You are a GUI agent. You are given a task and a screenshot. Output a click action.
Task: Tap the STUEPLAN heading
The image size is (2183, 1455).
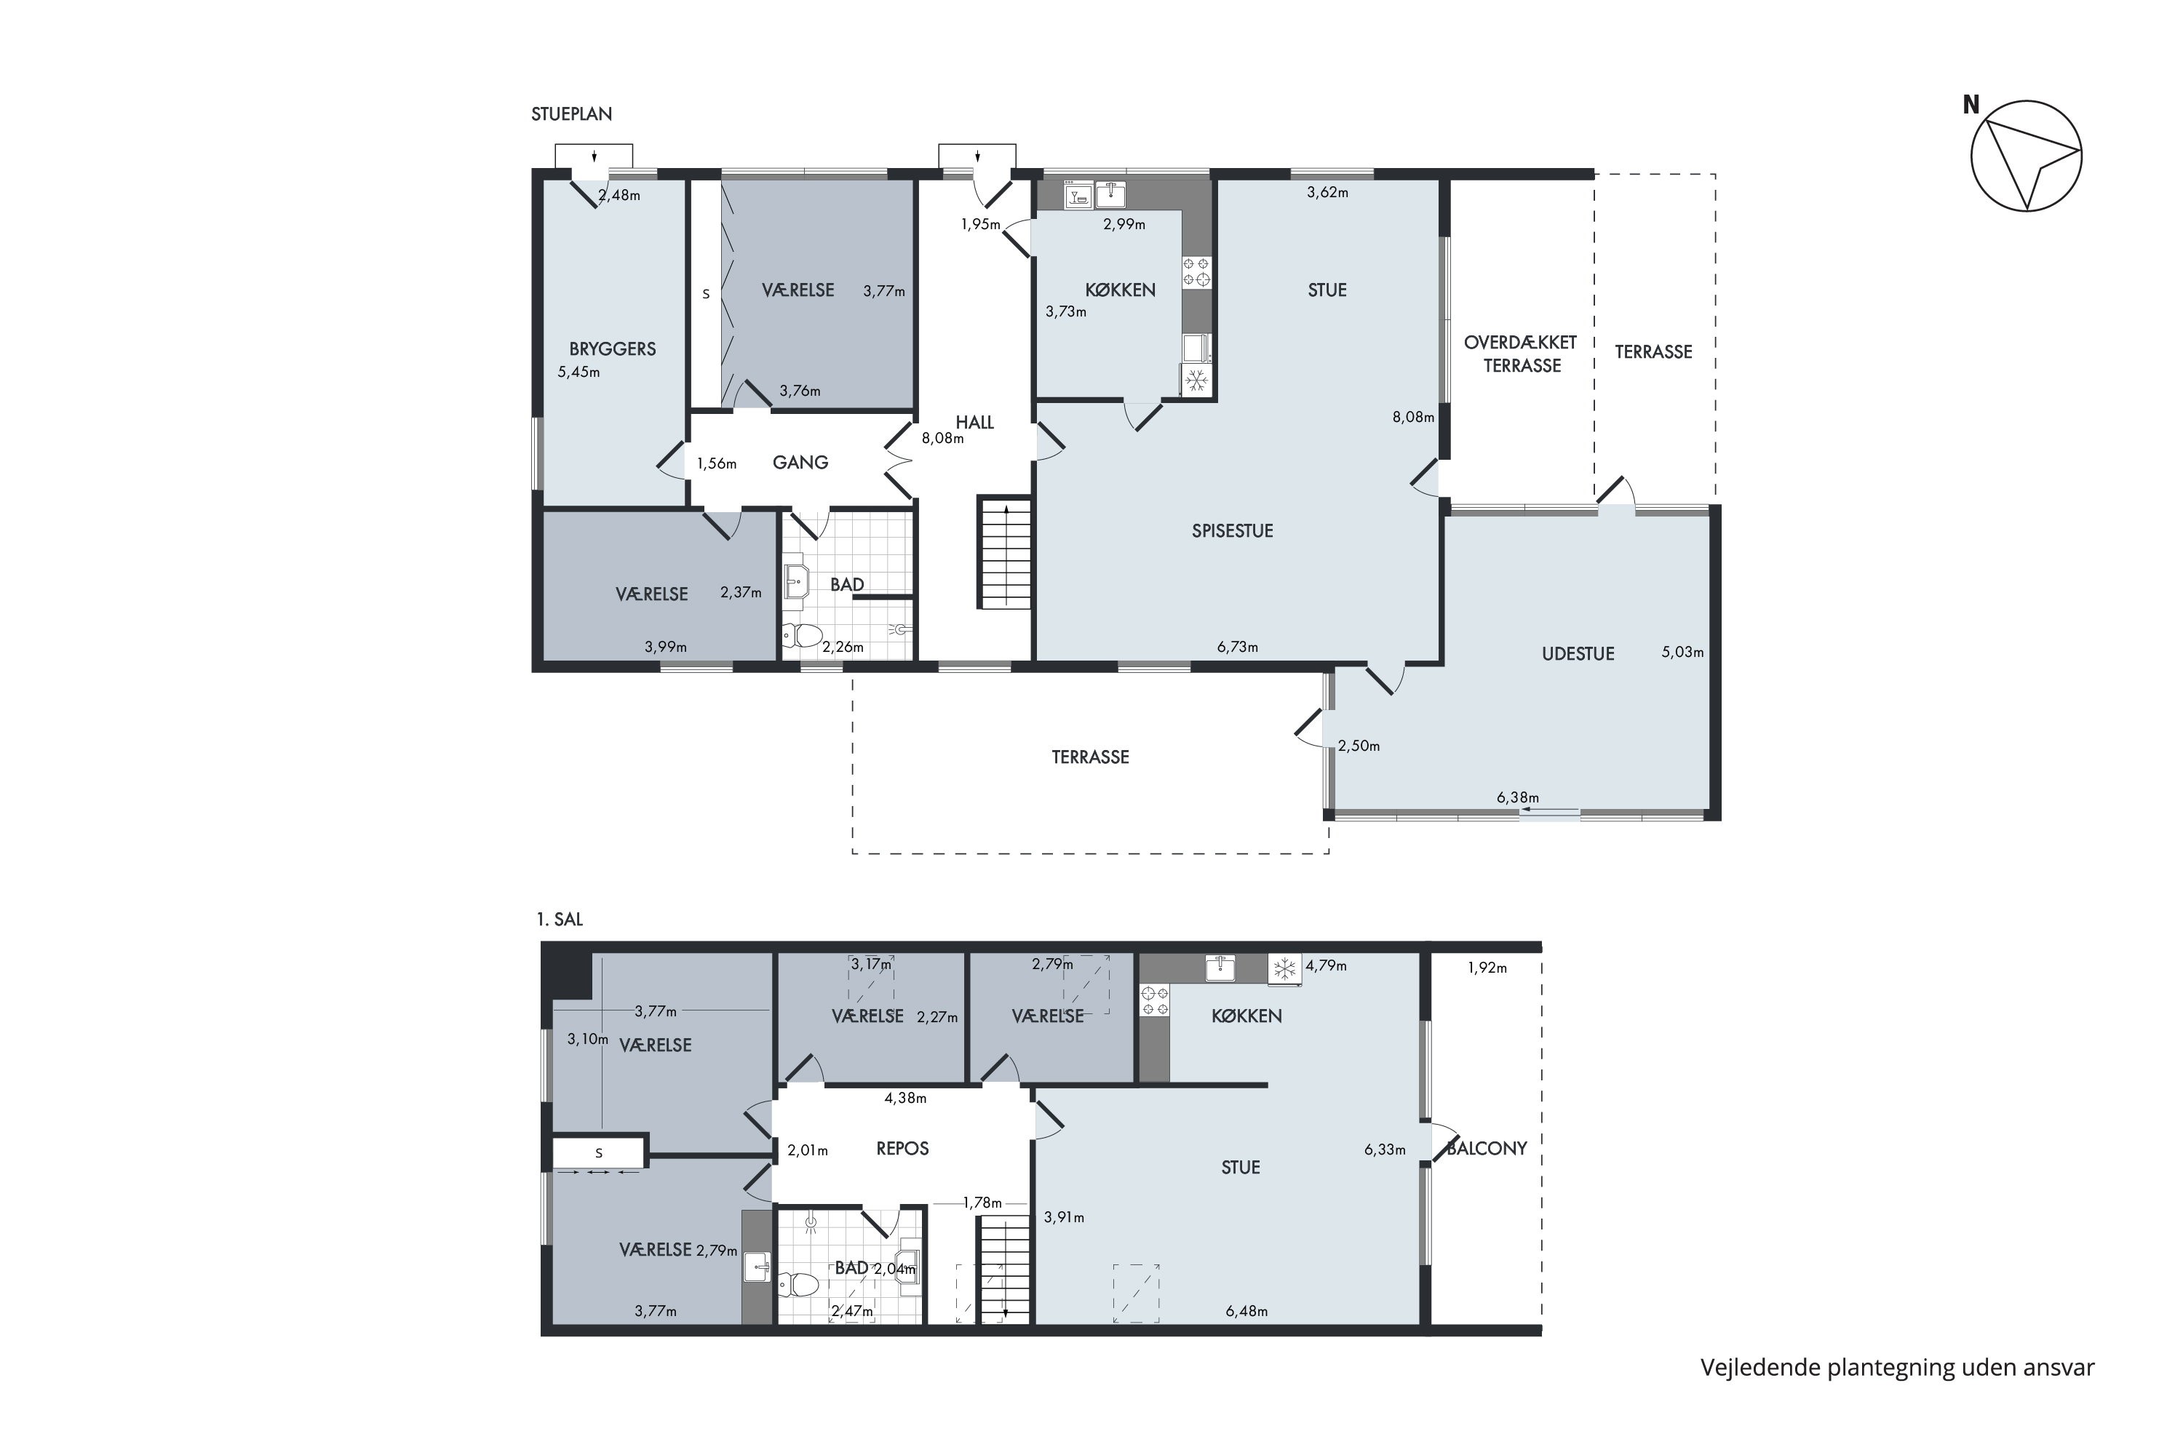(x=572, y=114)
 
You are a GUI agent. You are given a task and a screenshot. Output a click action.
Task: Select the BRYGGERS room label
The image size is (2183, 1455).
(x=613, y=349)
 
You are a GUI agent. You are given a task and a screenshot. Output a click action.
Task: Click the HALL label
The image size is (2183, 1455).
(x=974, y=422)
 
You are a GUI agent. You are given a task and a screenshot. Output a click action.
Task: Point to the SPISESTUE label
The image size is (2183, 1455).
(x=1233, y=531)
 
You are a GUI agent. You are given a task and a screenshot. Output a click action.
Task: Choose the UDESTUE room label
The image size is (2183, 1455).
(x=1578, y=653)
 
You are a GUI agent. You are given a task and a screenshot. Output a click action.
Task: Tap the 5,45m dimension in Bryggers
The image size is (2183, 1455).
(x=578, y=372)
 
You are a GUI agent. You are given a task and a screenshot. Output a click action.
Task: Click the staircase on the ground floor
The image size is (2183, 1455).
(x=1004, y=553)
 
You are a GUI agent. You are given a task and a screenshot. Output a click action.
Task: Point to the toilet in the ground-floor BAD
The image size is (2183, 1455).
(x=803, y=636)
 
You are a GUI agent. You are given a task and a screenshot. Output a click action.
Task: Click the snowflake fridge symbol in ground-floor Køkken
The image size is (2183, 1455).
(x=1197, y=380)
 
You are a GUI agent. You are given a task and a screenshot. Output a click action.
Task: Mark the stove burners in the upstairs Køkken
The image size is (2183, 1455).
(x=1155, y=1001)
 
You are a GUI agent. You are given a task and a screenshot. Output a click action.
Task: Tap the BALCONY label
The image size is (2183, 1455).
(x=1487, y=1149)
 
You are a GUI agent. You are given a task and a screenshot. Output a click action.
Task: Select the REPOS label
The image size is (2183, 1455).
(x=902, y=1149)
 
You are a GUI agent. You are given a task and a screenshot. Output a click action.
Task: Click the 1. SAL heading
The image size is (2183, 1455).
(x=560, y=920)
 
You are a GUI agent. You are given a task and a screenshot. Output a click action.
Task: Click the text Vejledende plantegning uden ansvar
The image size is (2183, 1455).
(x=1897, y=1367)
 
